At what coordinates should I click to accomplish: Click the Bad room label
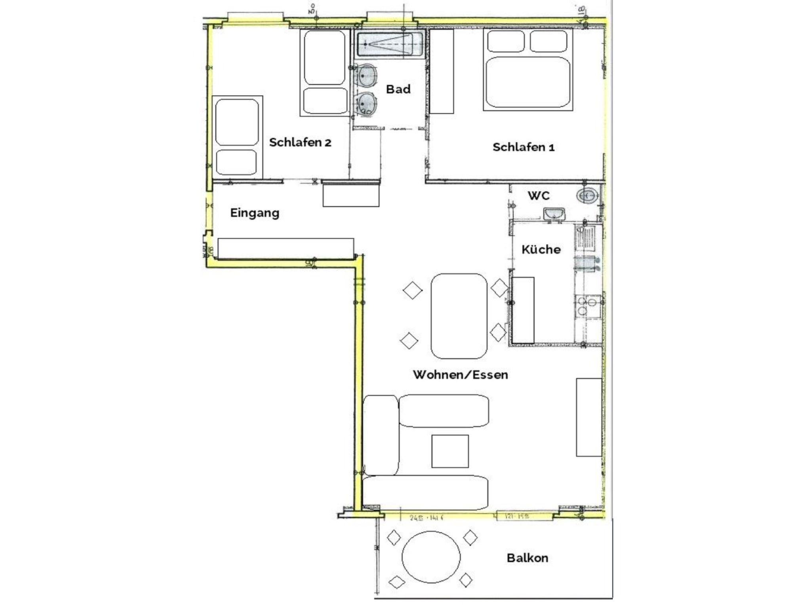click(x=398, y=89)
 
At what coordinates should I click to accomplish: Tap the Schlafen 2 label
click(x=300, y=142)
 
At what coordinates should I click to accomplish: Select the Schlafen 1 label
click(x=523, y=147)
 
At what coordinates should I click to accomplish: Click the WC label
click(x=539, y=196)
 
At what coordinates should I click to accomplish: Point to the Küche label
click(x=541, y=249)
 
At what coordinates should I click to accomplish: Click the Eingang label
click(x=255, y=213)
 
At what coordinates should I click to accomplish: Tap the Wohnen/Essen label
click(x=460, y=374)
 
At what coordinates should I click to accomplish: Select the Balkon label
click(x=527, y=558)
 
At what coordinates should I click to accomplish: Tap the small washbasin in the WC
click(x=554, y=214)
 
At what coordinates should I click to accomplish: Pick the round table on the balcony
click(x=431, y=557)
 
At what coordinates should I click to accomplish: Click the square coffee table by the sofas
click(x=450, y=451)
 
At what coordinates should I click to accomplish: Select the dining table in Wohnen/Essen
click(x=459, y=316)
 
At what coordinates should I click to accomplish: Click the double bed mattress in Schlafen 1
click(x=527, y=82)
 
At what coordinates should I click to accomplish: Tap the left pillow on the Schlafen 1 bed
click(x=506, y=41)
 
